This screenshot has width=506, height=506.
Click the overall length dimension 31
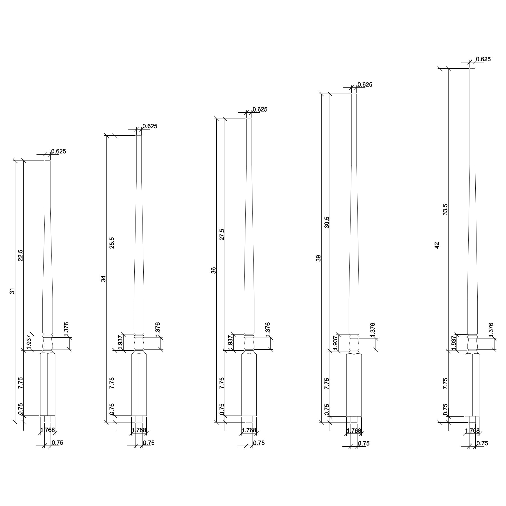12,291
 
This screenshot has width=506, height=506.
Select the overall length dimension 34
103,279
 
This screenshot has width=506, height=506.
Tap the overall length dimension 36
214,270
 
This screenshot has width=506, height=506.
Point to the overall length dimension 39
318,258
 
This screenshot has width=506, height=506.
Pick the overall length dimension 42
437,245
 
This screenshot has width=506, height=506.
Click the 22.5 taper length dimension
21,255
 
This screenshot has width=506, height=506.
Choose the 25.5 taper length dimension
112,243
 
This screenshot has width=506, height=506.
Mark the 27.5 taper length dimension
222,234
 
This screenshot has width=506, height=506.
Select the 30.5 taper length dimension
327,222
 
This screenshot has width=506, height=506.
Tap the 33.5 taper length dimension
445,210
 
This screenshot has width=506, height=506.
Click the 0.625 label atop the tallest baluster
483,59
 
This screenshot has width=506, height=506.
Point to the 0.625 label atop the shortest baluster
58,152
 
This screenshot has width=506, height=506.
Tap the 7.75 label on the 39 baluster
327,384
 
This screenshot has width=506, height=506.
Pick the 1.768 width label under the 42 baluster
472,431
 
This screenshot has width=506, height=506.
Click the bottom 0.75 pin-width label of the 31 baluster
57,443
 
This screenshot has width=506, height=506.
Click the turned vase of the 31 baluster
48,343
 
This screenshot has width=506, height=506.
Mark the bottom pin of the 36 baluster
249,419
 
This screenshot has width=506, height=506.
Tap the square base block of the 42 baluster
472,385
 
